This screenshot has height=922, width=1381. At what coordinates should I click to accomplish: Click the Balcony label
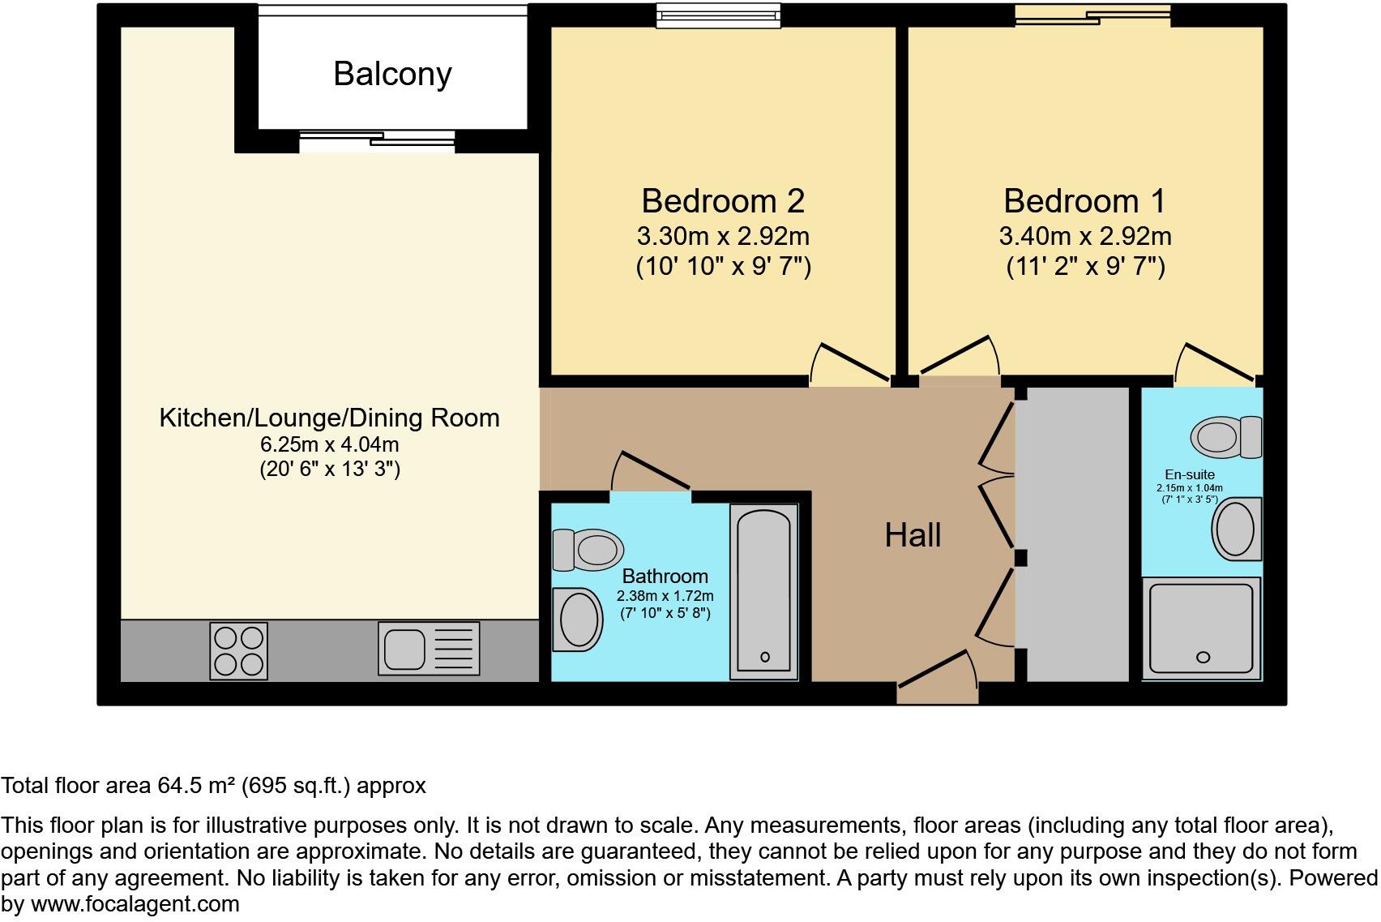click(392, 74)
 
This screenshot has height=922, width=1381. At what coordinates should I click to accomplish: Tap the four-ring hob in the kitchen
click(238, 650)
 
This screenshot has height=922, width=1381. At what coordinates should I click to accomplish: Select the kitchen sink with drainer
click(429, 649)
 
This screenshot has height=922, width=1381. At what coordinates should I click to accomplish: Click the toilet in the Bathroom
click(588, 550)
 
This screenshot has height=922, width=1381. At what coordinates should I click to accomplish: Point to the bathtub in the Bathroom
click(763, 591)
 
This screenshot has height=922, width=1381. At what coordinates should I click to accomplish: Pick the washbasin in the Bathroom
click(578, 620)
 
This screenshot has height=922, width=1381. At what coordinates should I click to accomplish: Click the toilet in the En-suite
click(1226, 436)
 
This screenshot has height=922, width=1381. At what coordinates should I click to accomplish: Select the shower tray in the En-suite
click(1202, 628)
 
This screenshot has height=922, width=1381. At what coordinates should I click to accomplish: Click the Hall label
click(913, 535)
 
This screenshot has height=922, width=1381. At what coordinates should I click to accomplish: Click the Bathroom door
click(652, 471)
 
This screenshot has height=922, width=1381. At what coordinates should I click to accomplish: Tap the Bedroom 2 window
click(718, 16)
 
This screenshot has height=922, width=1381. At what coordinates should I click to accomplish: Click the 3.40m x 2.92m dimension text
click(1084, 237)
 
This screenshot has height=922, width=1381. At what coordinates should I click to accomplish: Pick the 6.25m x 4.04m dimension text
click(329, 444)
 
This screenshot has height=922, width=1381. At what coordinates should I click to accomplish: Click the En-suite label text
click(1189, 475)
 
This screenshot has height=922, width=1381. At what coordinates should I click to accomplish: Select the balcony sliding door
click(377, 141)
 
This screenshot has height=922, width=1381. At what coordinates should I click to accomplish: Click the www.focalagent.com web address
click(135, 904)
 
